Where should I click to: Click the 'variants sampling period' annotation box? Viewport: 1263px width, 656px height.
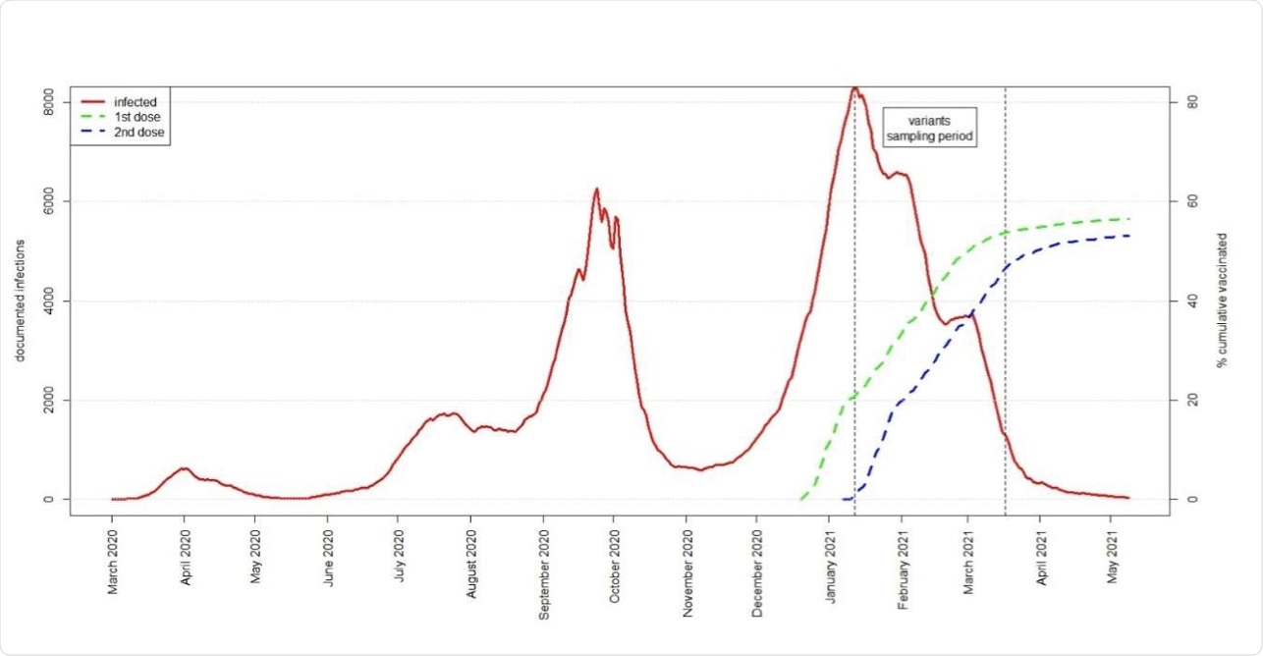click(x=929, y=128)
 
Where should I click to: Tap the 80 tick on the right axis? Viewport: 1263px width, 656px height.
click(x=1191, y=102)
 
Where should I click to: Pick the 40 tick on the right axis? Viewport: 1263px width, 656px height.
click(x=1191, y=301)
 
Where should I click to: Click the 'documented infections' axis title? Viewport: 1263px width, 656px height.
click(x=20, y=301)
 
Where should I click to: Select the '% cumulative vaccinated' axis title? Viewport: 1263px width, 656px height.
click(x=1223, y=301)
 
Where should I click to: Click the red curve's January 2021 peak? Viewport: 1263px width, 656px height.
click(x=855, y=88)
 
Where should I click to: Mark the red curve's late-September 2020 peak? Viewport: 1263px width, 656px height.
click(x=596, y=189)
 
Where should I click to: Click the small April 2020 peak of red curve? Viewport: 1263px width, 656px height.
click(x=184, y=468)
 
